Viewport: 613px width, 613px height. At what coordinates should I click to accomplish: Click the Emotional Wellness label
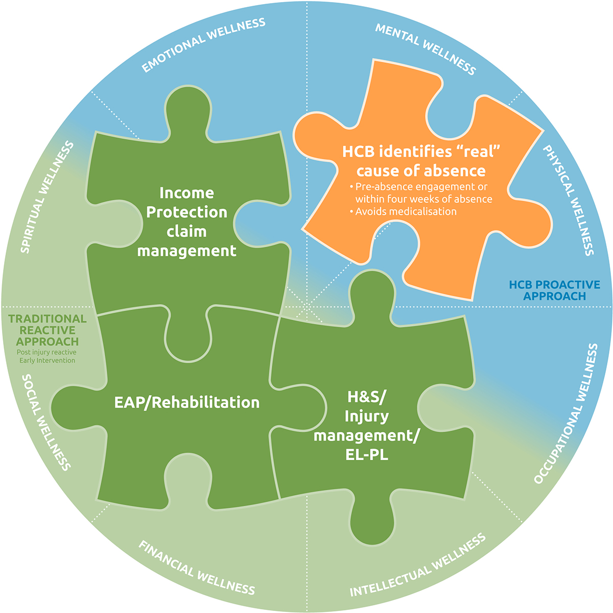point(204,45)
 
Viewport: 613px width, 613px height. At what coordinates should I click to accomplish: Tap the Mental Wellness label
point(426,49)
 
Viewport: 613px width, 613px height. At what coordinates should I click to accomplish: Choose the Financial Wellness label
point(197,568)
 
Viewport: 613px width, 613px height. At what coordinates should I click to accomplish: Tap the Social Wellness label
point(45,421)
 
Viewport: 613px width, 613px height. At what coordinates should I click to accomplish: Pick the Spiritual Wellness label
point(47,197)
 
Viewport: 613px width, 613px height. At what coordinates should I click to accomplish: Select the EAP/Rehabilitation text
point(186,403)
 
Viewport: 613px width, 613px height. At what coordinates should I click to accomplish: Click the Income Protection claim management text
point(186,222)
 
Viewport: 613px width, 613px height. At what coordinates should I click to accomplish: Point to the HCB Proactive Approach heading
point(554,290)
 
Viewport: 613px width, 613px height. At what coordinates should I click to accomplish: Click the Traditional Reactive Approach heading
point(48,330)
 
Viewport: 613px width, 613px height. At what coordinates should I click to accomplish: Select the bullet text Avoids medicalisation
point(406,211)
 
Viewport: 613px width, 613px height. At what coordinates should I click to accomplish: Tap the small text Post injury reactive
point(47,352)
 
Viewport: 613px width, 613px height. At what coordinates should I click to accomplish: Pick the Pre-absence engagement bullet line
point(421,186)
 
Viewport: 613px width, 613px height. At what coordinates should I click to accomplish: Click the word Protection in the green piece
point(186,212)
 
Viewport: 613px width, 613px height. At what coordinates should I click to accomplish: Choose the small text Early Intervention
point(47,361)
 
